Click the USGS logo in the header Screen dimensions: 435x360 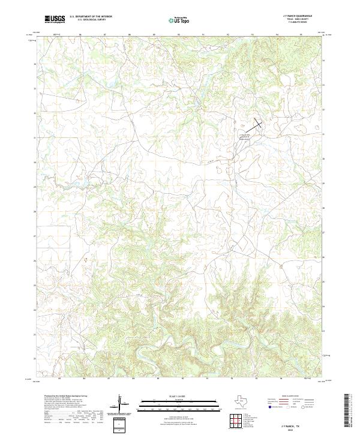coord(55,19)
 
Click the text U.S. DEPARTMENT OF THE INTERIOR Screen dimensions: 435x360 coord(91,16)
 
